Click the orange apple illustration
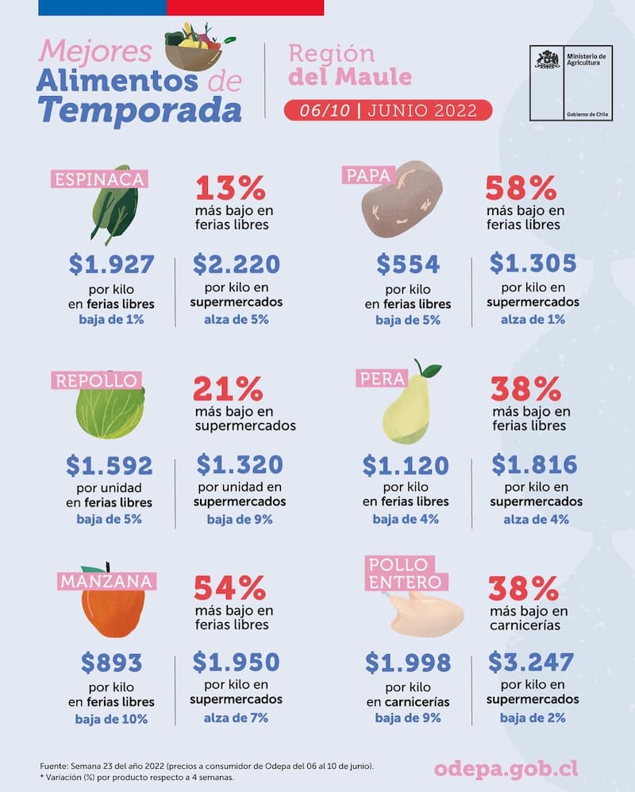(113, 610)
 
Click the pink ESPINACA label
(98, 179)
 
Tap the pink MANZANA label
(106, 581)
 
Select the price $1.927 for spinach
(111, 265)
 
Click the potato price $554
(407, 265)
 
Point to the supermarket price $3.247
(532, 662)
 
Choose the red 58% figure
(521, 188)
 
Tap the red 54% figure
(229, 588)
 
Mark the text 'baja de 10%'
(111, 719)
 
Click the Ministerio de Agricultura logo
(571, 83)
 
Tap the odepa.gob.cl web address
(506, 768)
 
